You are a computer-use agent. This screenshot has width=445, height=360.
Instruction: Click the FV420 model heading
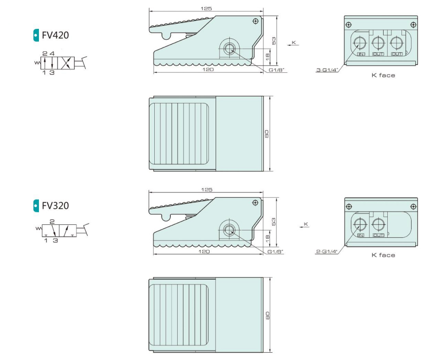pos(55,35)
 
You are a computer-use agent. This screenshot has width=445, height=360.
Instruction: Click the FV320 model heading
pos(55,206)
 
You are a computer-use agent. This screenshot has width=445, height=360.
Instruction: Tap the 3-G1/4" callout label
pos(327,70)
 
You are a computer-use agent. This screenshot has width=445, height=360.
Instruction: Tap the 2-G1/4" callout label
pos(326,251)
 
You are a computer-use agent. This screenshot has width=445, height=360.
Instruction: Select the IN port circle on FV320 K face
pos(360,224)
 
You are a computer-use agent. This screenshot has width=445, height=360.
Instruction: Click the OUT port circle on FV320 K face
pos(378,224)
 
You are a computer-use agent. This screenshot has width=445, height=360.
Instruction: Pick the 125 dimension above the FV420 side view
pos(206,9)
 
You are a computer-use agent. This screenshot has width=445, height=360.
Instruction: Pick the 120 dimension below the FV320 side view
pos(204,251)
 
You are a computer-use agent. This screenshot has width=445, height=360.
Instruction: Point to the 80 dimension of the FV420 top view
pos(267,134)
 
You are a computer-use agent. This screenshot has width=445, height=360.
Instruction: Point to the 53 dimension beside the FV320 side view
pos(274,222)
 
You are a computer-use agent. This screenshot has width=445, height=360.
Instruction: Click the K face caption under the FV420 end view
pos(383,75)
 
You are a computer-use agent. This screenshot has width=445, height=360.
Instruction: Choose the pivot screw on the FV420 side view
pos(256,21)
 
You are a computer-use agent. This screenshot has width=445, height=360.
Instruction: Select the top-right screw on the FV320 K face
pos(413,207)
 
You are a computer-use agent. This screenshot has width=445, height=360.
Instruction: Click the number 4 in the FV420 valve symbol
pos(52,54)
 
